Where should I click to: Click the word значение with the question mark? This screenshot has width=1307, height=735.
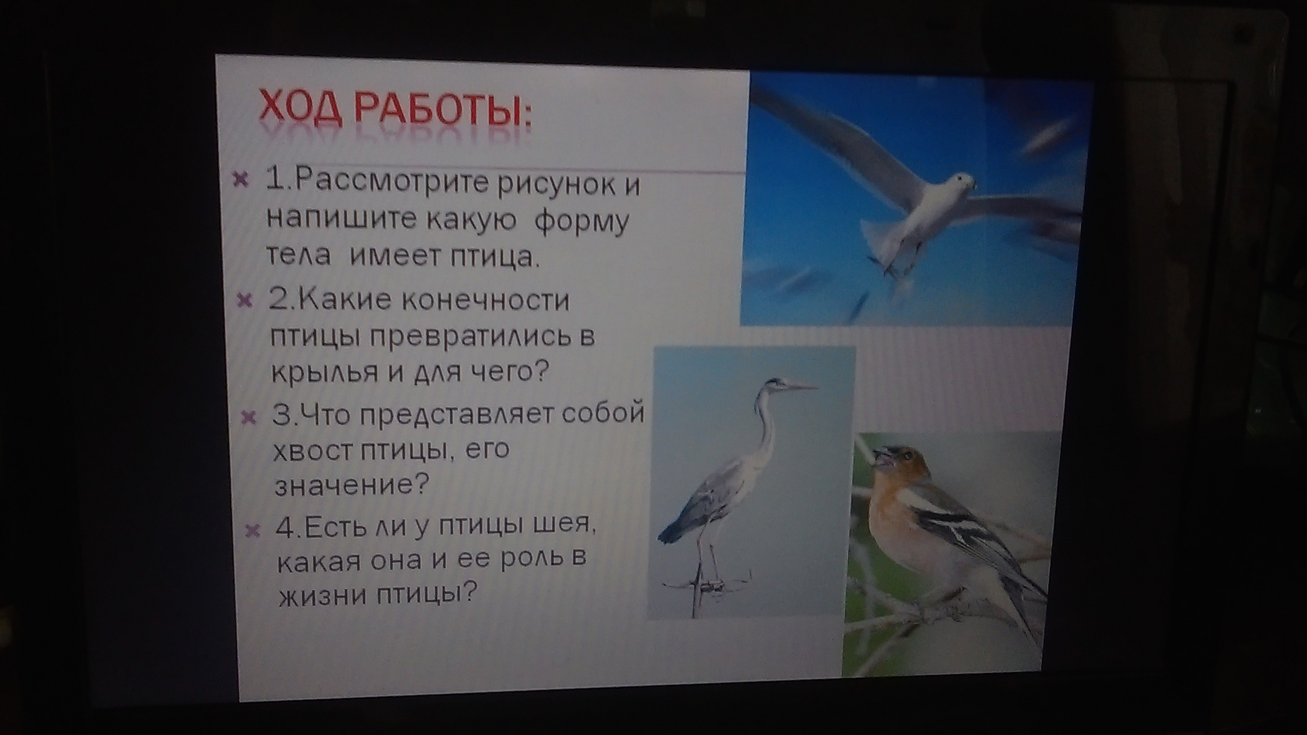coord(351,485)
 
